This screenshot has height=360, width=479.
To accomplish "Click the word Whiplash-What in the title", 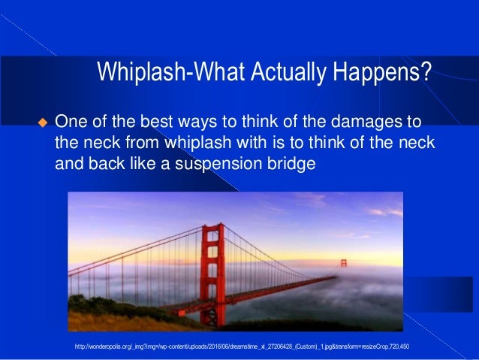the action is click(x=171, y=72).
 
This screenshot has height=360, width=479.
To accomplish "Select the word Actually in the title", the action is click(x=289, y=72).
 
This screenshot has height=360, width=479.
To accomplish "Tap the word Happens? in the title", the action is click(x=382, y=72).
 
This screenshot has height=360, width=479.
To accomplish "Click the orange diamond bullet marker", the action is click(x=43, y=123).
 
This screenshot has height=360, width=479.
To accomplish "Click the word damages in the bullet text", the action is click(x=364, y=123).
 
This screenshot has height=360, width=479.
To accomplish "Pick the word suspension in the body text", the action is click(x=218, y=165).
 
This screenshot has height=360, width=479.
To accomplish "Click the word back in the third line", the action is click(x=107, y=163).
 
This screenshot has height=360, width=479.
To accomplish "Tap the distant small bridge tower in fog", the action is click(x=344, y=263).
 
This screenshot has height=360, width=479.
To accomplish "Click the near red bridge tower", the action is click(x=212, y=274).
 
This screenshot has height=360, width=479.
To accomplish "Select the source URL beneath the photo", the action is click(x=242, y=346).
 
